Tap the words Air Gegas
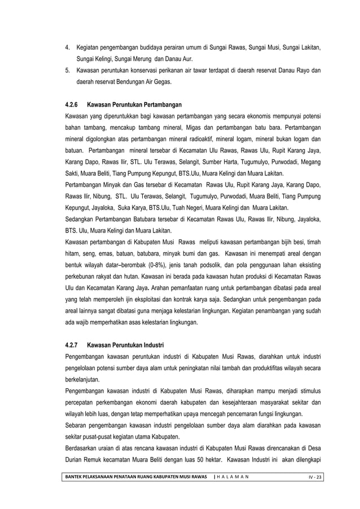point(162,82)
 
